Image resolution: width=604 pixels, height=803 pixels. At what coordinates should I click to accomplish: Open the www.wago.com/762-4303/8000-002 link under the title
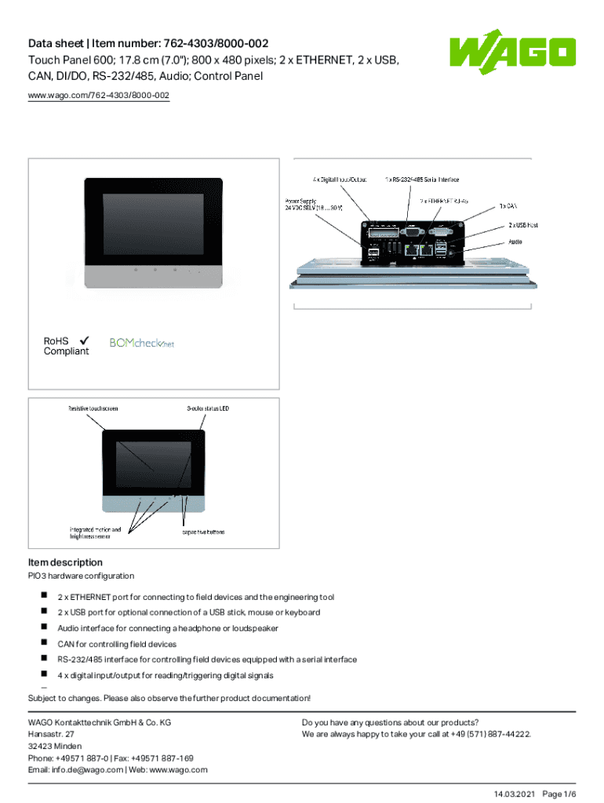pos(98,96)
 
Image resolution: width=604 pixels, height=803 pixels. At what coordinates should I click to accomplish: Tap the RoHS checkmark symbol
pos(83,340)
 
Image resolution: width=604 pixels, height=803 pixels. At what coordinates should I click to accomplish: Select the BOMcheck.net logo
pos(141,343)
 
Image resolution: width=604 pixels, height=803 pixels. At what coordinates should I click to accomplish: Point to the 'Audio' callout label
pos(515,242)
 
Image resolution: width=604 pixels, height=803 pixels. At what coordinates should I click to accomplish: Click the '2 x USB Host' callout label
pos(522,225)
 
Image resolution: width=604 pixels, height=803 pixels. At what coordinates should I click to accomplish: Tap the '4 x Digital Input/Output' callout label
pos(339,179)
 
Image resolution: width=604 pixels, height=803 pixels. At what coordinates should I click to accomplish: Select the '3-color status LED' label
pos(208,409)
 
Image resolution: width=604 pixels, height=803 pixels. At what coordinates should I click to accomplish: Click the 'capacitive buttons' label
pos(203,532)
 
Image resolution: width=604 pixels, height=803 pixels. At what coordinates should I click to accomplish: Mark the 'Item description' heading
pos(65,562)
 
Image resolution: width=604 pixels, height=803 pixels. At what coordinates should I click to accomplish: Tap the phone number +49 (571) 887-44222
pos(488,734)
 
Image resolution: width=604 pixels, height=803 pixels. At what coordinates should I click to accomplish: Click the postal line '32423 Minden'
pos(55,746)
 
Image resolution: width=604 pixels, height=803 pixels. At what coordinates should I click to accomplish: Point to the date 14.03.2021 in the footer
pos(515,794)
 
